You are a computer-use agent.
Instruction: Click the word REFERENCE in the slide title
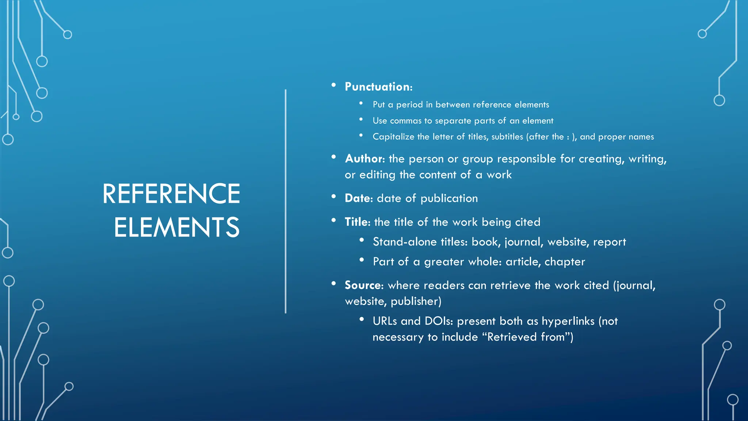pos(171,194)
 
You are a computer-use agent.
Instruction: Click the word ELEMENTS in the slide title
pos(177,227)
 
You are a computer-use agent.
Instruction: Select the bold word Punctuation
pos(378,87)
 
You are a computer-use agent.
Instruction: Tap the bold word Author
pos(365,159)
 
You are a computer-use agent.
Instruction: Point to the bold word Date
pos(358,198)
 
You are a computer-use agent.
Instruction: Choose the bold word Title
pos(357,222)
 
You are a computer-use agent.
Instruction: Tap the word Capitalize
pos(393,137)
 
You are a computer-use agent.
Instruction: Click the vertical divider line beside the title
pos(286,201)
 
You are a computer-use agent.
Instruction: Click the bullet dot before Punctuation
pos(333,85)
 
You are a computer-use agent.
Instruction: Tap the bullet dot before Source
pos(333,284)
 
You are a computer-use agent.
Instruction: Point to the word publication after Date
pos(449,198)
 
